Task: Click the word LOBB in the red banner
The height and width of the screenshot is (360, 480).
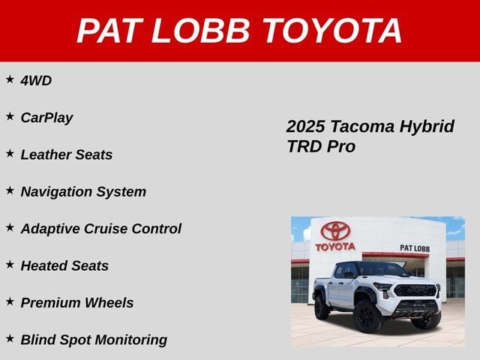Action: pos(200,31)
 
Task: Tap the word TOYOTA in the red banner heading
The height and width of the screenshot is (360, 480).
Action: pos(332,31)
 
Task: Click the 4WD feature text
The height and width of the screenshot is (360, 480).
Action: pos(36,81)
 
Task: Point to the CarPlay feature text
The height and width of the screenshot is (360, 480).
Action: pos(46,118)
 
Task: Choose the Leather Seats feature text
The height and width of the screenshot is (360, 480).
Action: pos(67,154)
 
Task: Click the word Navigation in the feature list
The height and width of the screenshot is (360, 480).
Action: pos(56,192)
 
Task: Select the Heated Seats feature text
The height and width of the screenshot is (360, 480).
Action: pos(64,265)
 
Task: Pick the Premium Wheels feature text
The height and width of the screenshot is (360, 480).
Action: pos(77,303)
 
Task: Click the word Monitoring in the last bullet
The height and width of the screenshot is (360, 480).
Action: pos(131,340)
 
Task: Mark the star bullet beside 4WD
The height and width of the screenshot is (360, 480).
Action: pos(10,79)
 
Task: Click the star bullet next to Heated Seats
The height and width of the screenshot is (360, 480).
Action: pos(10,265)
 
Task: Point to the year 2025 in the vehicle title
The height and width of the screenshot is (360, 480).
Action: pos(305,127)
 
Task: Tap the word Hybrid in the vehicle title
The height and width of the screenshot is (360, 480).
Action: pos(427,127)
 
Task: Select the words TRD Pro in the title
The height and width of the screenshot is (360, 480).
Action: pos(321,146)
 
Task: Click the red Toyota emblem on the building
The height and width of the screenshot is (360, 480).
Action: pos(335,231)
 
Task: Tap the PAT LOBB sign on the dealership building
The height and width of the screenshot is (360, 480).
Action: pos(415,248)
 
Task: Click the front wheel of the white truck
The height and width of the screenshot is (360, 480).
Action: pos(367,316)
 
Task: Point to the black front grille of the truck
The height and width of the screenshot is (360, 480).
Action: pos(415,290)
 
